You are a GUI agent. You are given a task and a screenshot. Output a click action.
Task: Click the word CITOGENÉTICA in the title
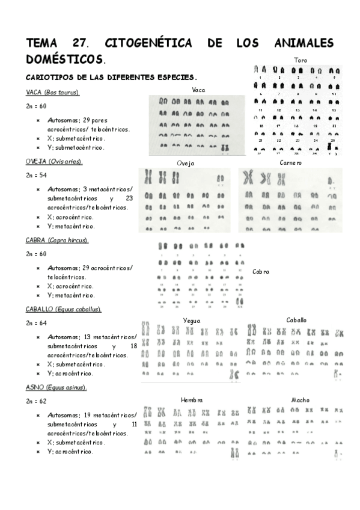(148, 43)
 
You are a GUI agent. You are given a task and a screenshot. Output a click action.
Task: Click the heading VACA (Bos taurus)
(53, 92)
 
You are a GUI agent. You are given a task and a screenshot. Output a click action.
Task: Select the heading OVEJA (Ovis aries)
(54, 162)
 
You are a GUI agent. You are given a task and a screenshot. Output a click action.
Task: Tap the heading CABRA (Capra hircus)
(57, 240)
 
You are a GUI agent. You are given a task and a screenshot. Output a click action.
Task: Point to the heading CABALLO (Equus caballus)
(63, 309)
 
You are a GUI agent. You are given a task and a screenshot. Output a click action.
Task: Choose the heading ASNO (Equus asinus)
(56, 387)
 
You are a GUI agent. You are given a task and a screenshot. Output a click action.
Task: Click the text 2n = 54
(36, 176)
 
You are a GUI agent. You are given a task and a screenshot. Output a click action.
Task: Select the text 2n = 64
(36, 323)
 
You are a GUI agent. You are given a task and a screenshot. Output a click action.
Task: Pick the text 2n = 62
(36, 401)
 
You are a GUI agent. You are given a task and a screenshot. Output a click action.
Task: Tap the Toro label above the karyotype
(301, 60)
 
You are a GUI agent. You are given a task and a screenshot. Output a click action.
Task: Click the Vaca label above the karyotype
(199, 90)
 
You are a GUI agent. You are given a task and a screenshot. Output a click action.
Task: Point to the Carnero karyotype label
(291, 162)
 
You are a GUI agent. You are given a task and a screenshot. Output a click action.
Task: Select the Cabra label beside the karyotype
(261, 272)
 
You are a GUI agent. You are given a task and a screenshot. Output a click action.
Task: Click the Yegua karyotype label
(192, 321)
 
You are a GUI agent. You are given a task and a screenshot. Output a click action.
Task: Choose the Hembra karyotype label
(192, 400)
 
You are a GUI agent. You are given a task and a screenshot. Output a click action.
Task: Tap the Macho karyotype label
(301, 400)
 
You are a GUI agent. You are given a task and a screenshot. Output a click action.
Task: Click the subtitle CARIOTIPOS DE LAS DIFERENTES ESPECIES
(111, 77)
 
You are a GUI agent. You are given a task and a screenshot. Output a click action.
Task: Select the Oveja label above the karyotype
(186, 163)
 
